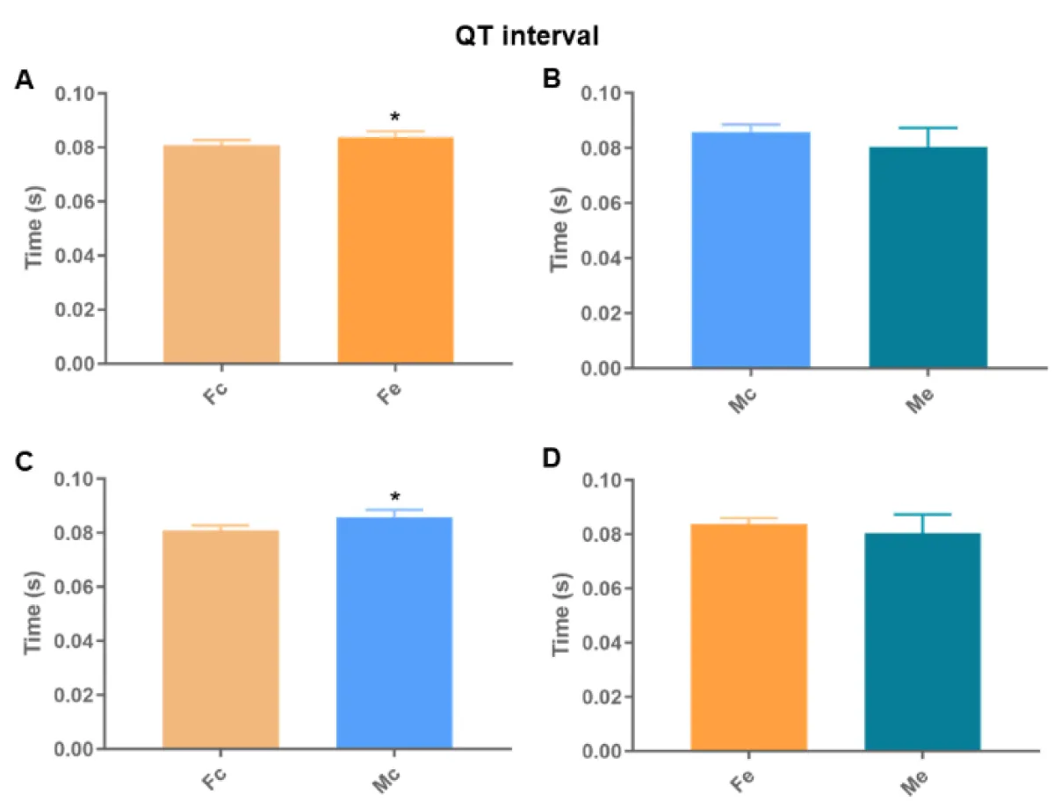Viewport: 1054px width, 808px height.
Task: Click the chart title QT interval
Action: pos(526,36)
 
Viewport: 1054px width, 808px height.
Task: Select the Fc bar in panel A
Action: pos(221,254)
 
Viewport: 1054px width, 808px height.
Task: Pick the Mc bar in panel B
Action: pos(751,249)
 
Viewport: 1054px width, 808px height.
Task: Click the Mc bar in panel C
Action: pos(394,632)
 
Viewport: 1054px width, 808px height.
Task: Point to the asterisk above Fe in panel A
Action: pos(395,118)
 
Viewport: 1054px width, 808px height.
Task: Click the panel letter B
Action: pos(552,80)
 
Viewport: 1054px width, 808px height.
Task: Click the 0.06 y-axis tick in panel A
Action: pos(76,201)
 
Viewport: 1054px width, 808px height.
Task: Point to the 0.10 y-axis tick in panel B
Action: pos(606,93)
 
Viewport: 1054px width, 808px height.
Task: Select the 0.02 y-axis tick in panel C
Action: pos(76,695)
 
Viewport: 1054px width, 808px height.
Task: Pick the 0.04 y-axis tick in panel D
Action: pos(606,643)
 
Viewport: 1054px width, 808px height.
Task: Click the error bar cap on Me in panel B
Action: pos(928,128)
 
